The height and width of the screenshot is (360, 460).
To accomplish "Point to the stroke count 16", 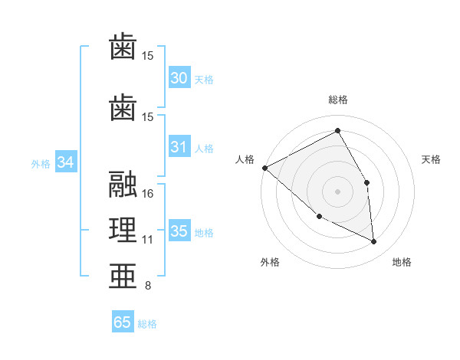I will coord(148,194).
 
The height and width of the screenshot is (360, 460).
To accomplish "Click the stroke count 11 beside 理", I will coord(148,240).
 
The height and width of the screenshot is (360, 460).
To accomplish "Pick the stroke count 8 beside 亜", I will coord(147,286).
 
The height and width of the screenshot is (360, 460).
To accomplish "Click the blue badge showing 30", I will coord(179,78).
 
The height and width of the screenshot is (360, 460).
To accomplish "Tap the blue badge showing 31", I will coord(179,147).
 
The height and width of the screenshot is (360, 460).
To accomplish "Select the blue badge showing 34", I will coord(66,162).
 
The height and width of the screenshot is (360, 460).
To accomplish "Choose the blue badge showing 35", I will coord(179,231).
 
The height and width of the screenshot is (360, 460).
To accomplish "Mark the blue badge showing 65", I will coord(123,322).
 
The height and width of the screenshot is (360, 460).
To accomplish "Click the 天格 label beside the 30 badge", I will coord(204,79).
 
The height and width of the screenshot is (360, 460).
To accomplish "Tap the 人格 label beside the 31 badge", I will coord(204,148).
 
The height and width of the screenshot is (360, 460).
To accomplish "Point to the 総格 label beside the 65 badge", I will coord(147,324).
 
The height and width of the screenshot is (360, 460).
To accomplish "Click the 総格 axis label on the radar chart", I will coord(337,100).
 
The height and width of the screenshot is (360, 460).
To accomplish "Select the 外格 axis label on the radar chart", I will coord(270,262).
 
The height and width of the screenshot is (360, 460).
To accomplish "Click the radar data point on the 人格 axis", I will coord(264,168).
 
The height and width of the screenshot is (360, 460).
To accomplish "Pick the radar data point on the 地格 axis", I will coord(374,242).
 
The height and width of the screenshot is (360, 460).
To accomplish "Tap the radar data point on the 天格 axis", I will coord(367,182).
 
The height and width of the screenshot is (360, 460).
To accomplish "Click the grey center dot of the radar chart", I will coord(337,191).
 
